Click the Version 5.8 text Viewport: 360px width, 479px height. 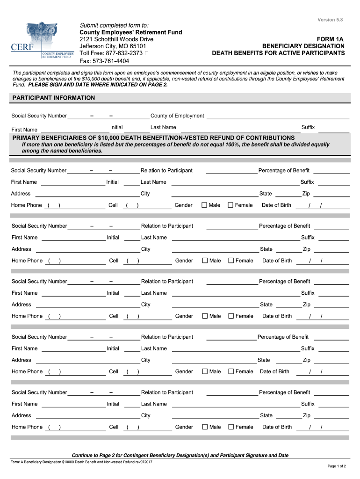[330, 20]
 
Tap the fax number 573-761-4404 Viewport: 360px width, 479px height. [104, 61]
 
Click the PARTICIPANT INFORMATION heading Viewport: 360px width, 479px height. [53, 98]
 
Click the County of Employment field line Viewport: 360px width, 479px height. [278, 116]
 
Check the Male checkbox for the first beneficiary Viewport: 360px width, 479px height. [204, 205]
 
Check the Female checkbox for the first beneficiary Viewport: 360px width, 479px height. [230, 205]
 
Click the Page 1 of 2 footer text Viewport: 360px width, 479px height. [337, 466]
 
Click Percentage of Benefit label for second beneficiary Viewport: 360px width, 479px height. [284, 226]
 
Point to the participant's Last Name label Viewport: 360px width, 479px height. [163, 127]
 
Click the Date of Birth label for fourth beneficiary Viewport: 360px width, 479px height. [274, 371]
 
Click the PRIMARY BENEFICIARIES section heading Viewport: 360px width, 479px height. [153, 138]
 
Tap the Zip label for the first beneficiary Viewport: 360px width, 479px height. [306, 194]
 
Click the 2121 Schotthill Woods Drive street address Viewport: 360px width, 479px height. [116, 39]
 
